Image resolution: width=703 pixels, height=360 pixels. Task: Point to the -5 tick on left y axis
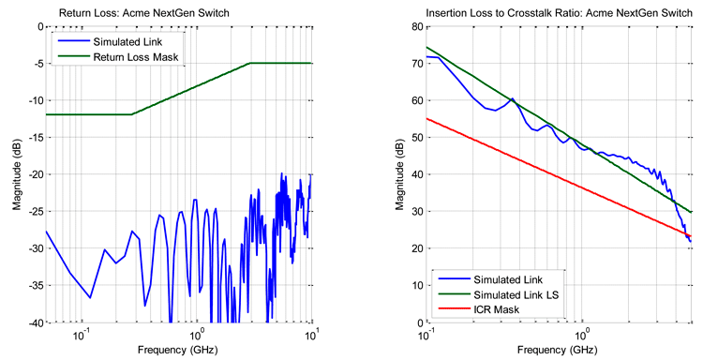coord(35,64)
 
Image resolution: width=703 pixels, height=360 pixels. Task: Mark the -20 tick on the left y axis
coord(32,174)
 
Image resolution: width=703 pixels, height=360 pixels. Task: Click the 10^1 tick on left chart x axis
coord(311,334)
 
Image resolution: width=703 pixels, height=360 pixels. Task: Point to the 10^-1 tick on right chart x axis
coord(428,334)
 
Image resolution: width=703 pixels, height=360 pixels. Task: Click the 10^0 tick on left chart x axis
coord(196,334)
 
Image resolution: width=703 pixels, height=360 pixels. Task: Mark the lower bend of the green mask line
coord(131,114)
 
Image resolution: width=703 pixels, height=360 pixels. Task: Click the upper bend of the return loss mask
coord(250,64)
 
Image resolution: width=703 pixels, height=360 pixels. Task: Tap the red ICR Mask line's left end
coord(427,118)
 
